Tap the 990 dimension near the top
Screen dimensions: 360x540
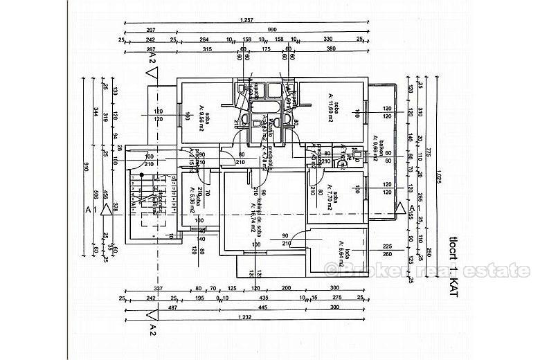pyautogui.click(x=272, y=30)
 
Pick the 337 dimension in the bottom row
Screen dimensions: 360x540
pyautogui.click(x=158, y=289)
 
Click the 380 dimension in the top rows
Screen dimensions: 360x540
pyautogui.click(x=331, y=49)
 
